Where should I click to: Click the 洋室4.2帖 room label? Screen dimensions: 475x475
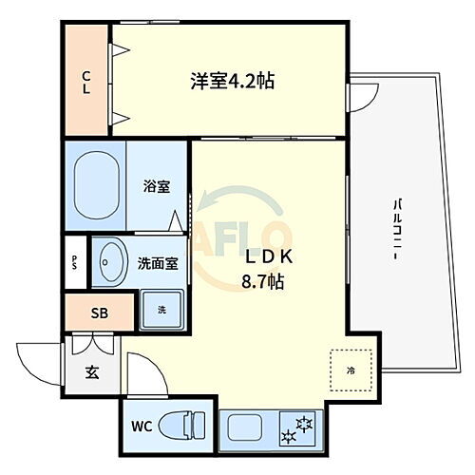coord(234,81)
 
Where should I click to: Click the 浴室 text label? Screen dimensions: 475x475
coord(158,187)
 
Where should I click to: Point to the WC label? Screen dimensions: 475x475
coord(142,424)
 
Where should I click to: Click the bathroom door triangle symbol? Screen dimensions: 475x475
coord(176,222)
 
